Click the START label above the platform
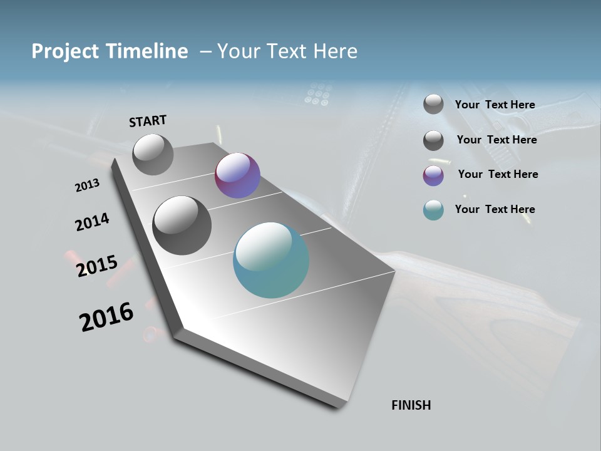coord(148,121)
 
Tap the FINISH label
coord(411,405)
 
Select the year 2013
coord(87,185)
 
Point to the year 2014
coord(92,222)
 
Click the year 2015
coord(97,266)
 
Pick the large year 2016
coord(106,317)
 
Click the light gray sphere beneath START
coord(153,155)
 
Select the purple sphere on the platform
coord(237,175)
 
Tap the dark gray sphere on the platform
coord(182,225)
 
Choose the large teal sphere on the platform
coord(271,260)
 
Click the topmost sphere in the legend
coord(433,105)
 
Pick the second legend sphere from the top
coord(433,140)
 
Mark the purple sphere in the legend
coord(433,175)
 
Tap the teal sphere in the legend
coord(433,210)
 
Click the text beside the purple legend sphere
coord(498,174)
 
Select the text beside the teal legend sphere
coord(495,209)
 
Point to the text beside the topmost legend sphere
coord(495,105)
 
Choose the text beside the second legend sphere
coord(496,140)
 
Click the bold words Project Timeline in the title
coord(110,51)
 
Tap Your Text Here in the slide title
coord(287,51)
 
